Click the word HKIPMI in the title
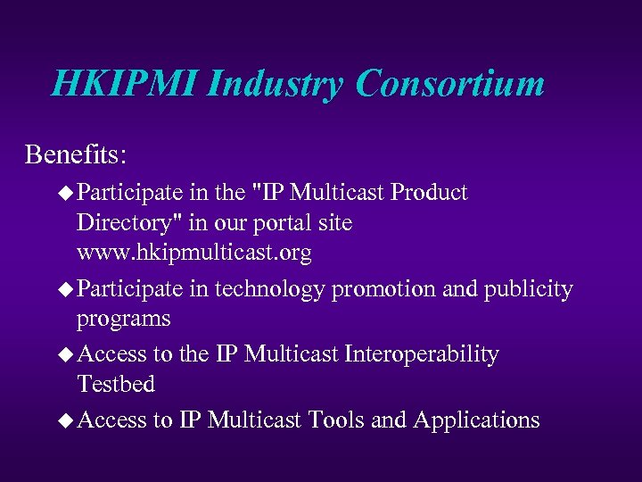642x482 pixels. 124,84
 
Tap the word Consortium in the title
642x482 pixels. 449,84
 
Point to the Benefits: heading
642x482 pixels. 76,154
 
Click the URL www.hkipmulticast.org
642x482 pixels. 194,253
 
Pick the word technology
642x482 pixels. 267,290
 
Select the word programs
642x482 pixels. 123,320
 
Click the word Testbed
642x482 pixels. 116,384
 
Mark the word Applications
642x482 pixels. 476,420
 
